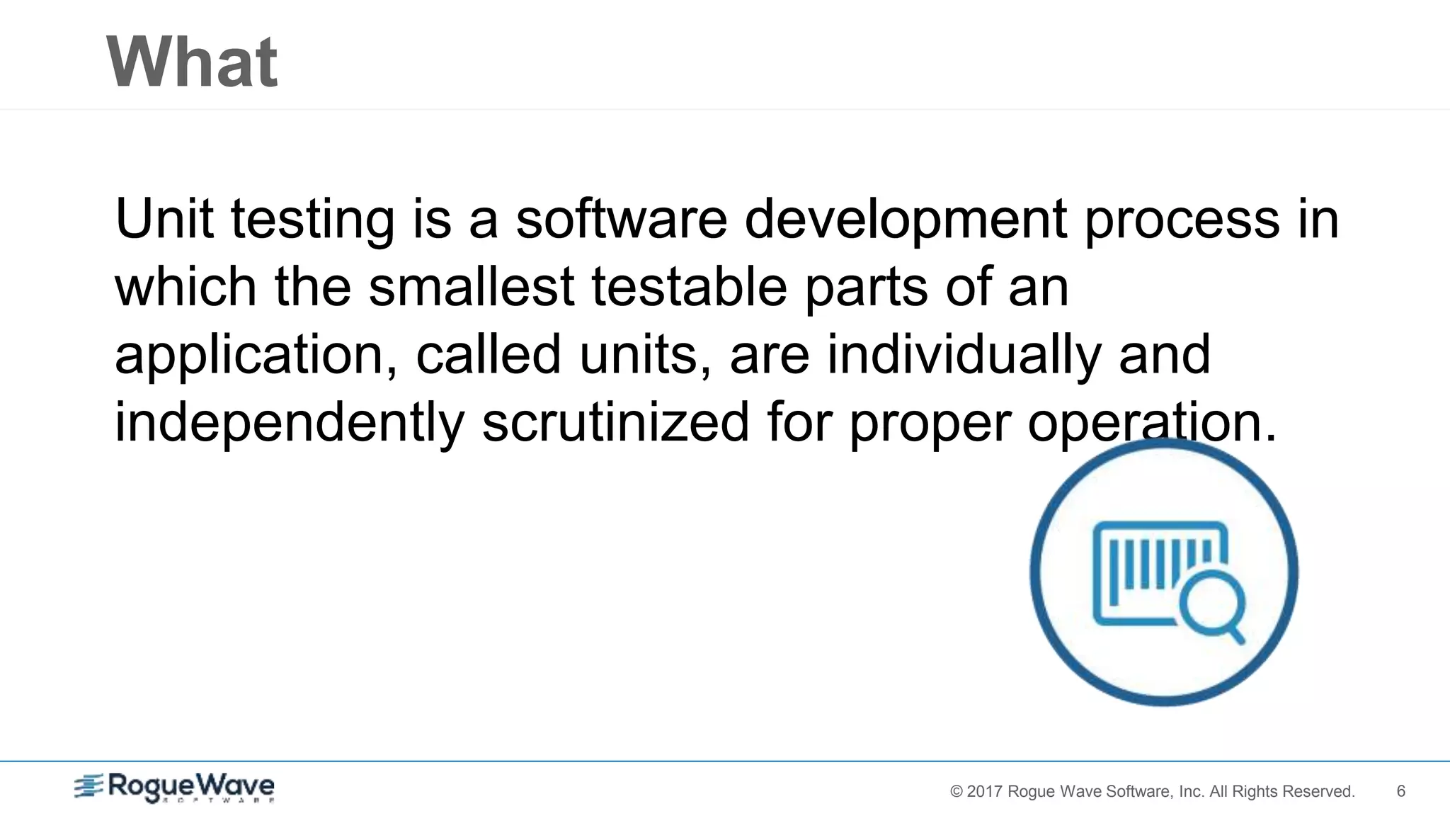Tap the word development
tap(906, 220)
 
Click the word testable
tap(689, 286)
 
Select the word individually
tap(964, 354)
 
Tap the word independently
tap(289, 423)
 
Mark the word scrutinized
tap(615, 422)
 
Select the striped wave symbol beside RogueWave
tap(89, 786)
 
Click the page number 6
tap(1400, 791)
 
